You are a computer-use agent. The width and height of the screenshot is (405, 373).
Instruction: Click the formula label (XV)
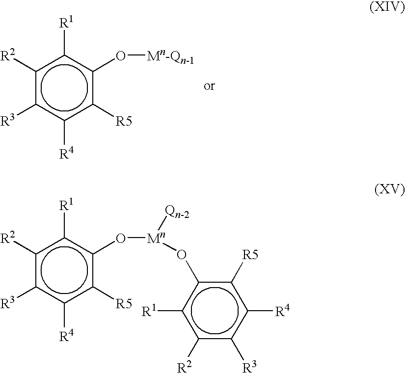pyautogui.click(x=389, y=190)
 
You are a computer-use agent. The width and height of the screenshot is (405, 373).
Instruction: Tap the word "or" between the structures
pyautogui.click(x=209, y=86)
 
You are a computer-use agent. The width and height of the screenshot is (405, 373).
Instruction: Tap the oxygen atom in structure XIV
pyautogui.click(x=121, y=56)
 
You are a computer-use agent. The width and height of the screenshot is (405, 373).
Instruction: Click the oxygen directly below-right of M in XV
pyautogui.click(x=181, y=255)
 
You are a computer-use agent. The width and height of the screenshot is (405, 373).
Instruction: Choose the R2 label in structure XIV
pyautogui.click(x=7, y=55)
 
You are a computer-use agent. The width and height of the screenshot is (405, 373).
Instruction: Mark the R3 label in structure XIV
pyautogui.click(x=7, y=120)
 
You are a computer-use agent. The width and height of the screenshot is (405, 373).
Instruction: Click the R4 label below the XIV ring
pyautogui.click(x=66, y=154)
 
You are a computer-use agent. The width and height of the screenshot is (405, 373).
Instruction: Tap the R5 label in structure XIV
pyautogui.click(x=123, y=121)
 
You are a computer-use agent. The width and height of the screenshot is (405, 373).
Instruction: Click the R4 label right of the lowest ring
pyautogui.click(x=283, y=311)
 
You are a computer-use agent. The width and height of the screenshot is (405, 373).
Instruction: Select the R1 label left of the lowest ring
pyautogui.click(x=149, y=311)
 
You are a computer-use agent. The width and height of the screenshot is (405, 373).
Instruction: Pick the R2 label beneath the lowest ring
pyautogui.click(x=184, y=367)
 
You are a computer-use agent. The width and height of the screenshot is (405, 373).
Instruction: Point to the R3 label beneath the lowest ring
pyautogui.click(x=250, y=367)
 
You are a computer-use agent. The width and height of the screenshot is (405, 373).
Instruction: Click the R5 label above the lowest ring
pyautogui.click(x=250, y=255)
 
